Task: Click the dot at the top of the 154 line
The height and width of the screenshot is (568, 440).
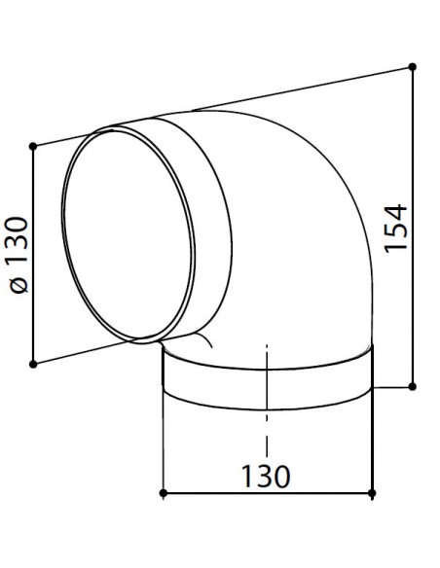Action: [414, 66]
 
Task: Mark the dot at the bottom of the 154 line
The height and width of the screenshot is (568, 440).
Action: [414, 387]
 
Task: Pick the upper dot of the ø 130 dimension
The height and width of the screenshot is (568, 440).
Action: [34, 146]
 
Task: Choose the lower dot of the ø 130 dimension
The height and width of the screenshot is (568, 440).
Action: [34, 365]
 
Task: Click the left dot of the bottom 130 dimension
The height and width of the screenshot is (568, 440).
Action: [162, 494]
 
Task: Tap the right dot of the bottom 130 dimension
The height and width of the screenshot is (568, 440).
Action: [375, 494]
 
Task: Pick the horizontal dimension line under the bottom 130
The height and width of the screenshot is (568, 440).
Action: [214, 494]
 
